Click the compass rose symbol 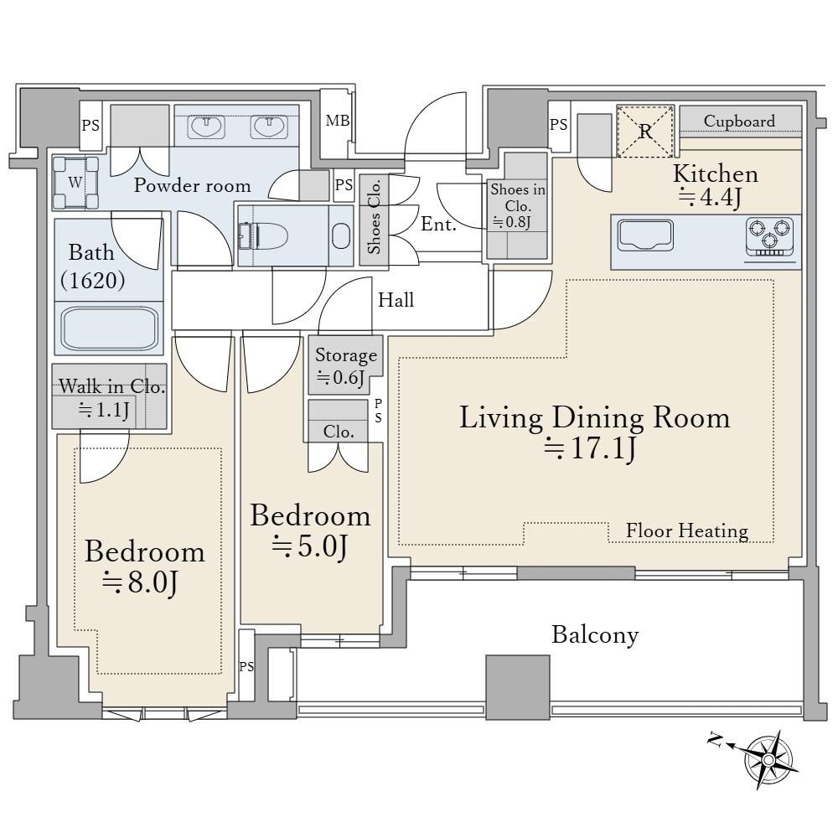pos(768,759)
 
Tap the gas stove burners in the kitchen pos(769,236)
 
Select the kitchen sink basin pos(645,235)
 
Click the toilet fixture pos(262,235)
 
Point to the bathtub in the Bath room pos(109,328)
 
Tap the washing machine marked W pos(76,182)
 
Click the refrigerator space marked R pos(645,132)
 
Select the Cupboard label pos(739,121)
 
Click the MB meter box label pos(338,121)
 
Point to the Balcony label pos(595,635)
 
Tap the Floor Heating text pos(687,530)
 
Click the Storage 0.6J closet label pos(346,366)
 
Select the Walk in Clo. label pos(111,385)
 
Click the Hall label pos(396,300)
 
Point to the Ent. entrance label pos(438,224)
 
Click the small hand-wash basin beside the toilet pos(341,235)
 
